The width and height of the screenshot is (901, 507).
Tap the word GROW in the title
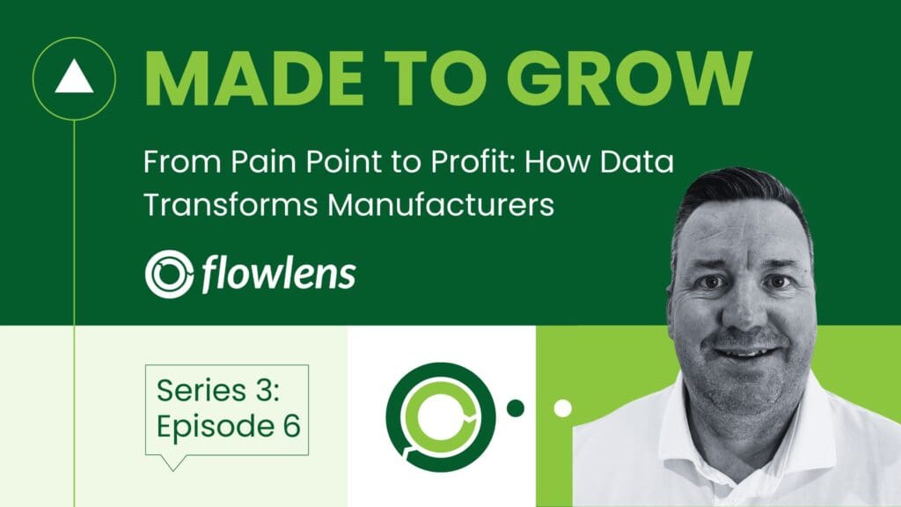tap(629, 78)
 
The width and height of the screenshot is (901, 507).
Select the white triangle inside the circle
tap(74, 77)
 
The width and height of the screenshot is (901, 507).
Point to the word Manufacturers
tap(441, 204)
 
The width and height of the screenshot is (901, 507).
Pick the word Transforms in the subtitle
tap(231, 204)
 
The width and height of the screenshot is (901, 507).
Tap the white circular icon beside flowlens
tap(169, 274)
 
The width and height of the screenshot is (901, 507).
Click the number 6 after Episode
tap(292, 426)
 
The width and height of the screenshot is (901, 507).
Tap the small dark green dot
tap(516, 408)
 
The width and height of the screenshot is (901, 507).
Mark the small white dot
tap(562, 408)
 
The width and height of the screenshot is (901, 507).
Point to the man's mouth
tap(745, 352)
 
